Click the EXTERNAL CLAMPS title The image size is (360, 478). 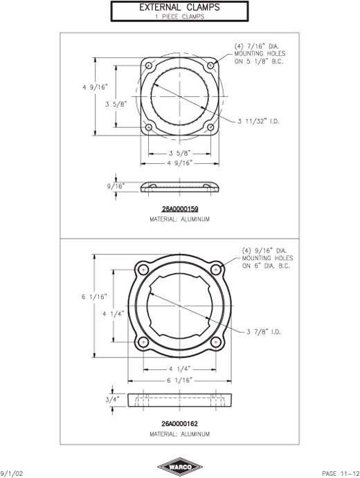179,8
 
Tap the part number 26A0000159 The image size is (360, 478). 180,209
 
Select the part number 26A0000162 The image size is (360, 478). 180,424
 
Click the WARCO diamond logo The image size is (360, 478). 180,467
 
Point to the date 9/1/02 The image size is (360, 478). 12,473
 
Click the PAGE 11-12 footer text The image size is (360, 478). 341,473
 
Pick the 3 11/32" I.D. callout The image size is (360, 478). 258,121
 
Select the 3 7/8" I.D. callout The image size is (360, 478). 263,331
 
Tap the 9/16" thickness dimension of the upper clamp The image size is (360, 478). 116,186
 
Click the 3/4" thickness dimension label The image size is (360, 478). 112,399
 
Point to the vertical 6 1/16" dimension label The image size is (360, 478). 94,297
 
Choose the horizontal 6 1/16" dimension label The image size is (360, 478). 180,380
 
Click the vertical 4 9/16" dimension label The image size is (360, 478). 95,87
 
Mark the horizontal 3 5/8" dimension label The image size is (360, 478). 180,153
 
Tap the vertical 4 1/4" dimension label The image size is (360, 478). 113,314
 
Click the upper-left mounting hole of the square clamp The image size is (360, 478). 149,66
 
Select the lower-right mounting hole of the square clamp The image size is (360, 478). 210,127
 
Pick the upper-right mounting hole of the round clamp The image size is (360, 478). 216,270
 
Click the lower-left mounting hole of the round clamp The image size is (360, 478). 143,342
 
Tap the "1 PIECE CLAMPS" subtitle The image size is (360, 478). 179,17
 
